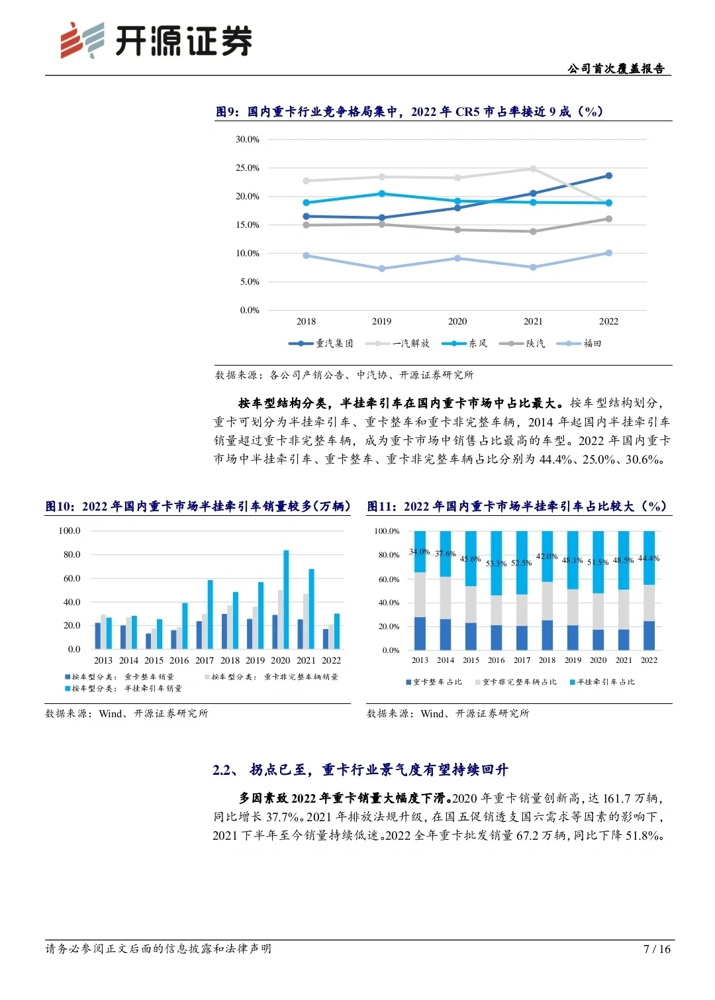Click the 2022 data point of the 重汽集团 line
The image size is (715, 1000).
pyautogui.click(x=608, y=175)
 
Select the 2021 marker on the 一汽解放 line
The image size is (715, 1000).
pyautogui.click(x=533, y=169)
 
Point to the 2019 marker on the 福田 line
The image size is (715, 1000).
pyautogui.click(x=381, y=269)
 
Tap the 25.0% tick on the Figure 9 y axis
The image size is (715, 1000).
pyautogui.click(x=248, y=168)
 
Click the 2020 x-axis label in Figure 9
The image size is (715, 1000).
pyautogui.click(x=457, y=322)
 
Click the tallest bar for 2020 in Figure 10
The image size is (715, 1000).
pyautogui.click(x=287, y=599)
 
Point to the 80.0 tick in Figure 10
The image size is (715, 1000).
pyautogui.click(x=71, y=555)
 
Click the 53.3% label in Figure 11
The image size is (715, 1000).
pyautogui.click(x=496, y=564)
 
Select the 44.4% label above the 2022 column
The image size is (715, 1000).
pyautogui.click(x=649, y=558)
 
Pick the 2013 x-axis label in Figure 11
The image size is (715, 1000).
pyautogui.click(x=420, y=660)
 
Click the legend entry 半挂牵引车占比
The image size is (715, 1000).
pyautogui.click(x=602, y=682)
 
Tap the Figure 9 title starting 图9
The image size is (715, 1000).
pyautogui.click(x=408, y=112)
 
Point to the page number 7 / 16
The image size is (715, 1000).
pyautogui.click(x=657, y=949)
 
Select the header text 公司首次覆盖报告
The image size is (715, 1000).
pyautogui.click(x=616, y=69)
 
